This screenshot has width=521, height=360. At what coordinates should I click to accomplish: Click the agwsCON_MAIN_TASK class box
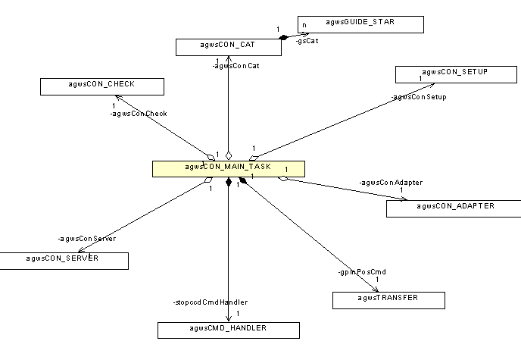(x=228, y=168)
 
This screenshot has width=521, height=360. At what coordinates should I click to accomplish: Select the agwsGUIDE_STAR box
(x=360, y=24)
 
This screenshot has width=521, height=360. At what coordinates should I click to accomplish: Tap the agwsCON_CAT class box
(x=228, y=47)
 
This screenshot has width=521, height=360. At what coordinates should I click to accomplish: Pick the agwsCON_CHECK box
(x=102, y=86)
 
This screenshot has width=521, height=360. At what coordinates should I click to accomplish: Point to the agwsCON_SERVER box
(x=64, y=261)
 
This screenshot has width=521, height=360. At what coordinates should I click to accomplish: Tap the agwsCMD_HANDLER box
(x=228, y=330)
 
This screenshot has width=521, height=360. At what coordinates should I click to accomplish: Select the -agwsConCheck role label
(x=138, y=113)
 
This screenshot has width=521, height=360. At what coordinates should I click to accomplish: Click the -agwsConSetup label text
(x=419, y=97)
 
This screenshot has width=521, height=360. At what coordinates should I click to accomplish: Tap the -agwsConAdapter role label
(x=392, y=182)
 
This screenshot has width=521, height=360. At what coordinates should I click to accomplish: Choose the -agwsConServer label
(x=86, y=239)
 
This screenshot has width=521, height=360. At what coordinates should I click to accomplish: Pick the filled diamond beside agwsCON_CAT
(x=284, y=37)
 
